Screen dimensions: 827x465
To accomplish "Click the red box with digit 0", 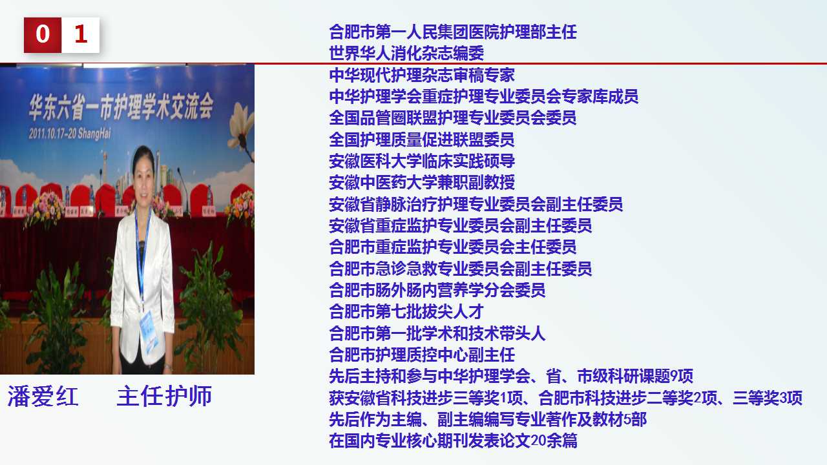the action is click(x=43, y=35).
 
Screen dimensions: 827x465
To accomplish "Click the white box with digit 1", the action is click(x=81, y=35).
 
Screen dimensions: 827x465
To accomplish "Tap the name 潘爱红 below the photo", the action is click(x=43, y=397).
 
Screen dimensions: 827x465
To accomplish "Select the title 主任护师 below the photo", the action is click(x=164, y=397).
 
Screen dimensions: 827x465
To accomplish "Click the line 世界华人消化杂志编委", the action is click(x=406, y=53).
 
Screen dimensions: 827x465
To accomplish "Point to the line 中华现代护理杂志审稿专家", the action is click(x=422, y=75).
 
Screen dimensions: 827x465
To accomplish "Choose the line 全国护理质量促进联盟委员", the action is click(x=422, y=139).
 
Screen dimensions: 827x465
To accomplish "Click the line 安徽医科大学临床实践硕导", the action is click(x=422, y=161).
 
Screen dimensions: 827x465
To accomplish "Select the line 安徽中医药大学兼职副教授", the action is click(x=422, y=182).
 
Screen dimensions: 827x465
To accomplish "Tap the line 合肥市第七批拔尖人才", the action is click(x=406, y=311).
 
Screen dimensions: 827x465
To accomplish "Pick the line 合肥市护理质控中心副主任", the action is click(x=422, y=355).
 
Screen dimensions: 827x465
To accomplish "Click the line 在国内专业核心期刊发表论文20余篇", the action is click(x=453, y=440).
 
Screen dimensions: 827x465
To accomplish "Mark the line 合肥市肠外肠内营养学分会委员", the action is click(x=437, y=290).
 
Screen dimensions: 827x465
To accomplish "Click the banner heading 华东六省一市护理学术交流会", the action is click(x=121, y=107).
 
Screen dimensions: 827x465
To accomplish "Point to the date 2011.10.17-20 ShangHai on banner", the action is click(x=70, y=133).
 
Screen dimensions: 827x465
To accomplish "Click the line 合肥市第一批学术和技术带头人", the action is click(x=437, y=333).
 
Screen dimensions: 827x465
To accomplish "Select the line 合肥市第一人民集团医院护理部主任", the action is click(x=453, y=32).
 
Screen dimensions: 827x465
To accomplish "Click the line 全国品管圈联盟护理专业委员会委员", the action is click(x=453, y=118).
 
